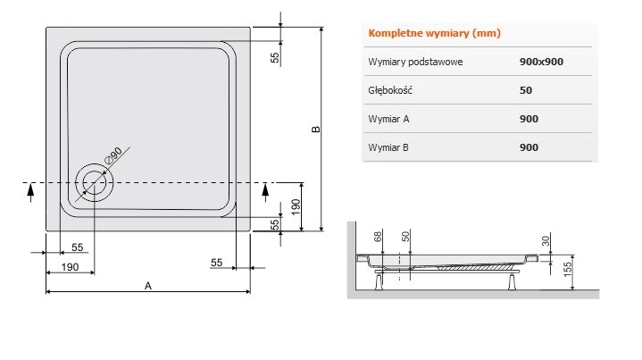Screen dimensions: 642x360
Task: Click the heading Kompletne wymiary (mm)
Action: [x=435, y=33]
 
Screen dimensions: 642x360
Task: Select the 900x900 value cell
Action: [x=541, y=62]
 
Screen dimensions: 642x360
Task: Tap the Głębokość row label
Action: [x=390, y=90]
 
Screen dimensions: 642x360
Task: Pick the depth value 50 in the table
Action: [x=526, y=90]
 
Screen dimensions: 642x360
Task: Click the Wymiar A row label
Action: [x=388, y=119]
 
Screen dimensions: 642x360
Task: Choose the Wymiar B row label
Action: [x=388, y=147]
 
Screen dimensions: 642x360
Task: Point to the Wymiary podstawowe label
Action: [x=415, y=62]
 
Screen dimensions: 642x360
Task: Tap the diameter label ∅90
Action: [x=113, y=155]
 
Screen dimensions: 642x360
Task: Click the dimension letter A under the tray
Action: [x=148, y=286]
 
